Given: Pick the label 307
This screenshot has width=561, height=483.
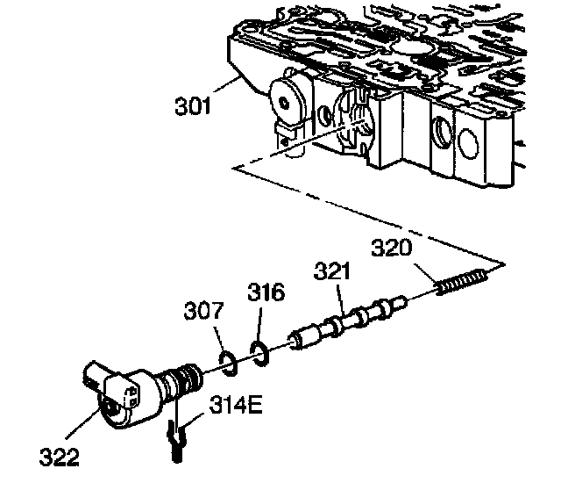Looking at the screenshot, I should pos(203,312).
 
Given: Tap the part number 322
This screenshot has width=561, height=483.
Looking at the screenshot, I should pos(58,457).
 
